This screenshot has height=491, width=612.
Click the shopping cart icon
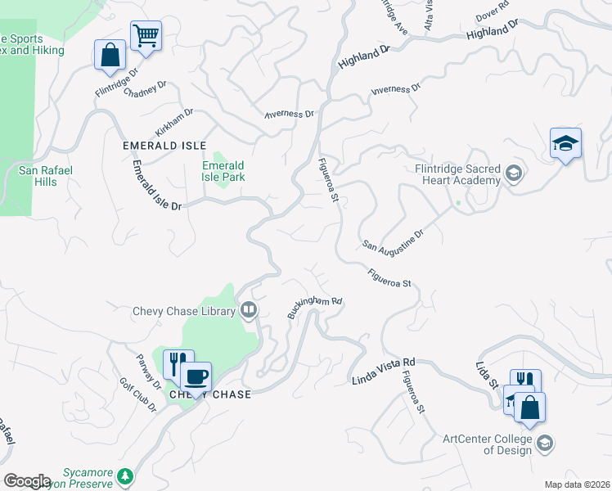tap(146, 36)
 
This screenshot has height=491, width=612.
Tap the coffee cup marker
tap(196, 377)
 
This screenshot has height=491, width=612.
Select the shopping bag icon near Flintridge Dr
tap(110, 55)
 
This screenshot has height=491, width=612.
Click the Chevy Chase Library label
tap(184, 311)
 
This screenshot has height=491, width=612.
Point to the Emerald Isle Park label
tap(224, 170)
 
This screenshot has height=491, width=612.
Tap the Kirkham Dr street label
tap(173, 123)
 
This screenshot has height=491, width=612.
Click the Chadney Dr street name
tap(145, 88)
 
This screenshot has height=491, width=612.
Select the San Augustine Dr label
tap(394, 239)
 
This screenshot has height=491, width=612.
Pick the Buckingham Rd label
tap(314, 307)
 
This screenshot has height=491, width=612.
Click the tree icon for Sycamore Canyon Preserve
tap(124, 475)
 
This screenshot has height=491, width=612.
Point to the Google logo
tap(28, 480)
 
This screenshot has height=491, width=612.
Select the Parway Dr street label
tap(148, 370)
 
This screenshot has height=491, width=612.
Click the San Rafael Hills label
tap(46, 176)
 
